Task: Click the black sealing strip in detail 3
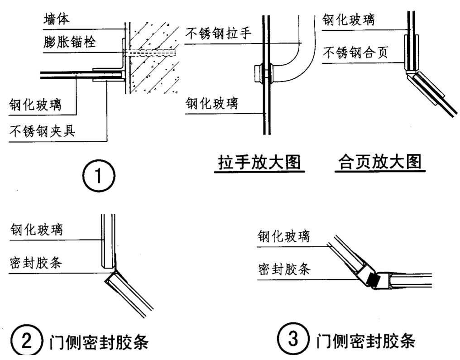tap(372, 280)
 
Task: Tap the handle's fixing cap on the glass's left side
tap(257, 74)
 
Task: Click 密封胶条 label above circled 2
tap(36, 263)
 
